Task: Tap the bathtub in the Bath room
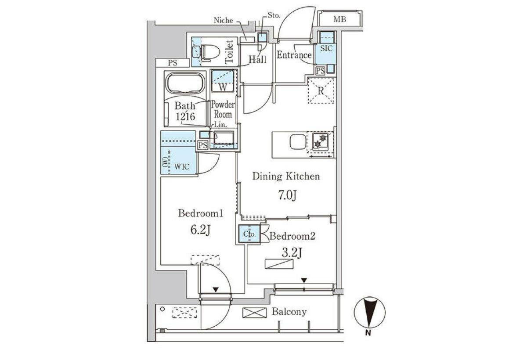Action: pos(185,83)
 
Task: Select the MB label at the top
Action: pos(340,19)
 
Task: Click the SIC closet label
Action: pos(326,48)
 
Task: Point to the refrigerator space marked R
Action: pos(321,90)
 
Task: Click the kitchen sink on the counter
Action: pos(298,141)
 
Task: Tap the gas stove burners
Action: pos(321,140)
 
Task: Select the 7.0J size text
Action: pos(287,195)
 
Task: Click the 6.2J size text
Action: pos(200,230)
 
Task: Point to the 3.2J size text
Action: pos(292,253)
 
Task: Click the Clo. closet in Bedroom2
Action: pos(249,234)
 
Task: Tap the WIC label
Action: pos(182,167)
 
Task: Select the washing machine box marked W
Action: pos(223,81)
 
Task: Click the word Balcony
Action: pos(289,312)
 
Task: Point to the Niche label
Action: pos(223,21)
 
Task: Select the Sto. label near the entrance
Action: pos(274,15)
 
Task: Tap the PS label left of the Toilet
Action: pos(173,63)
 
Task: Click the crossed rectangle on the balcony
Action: pos(255,313)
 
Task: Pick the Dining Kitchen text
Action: pos(286,176)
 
